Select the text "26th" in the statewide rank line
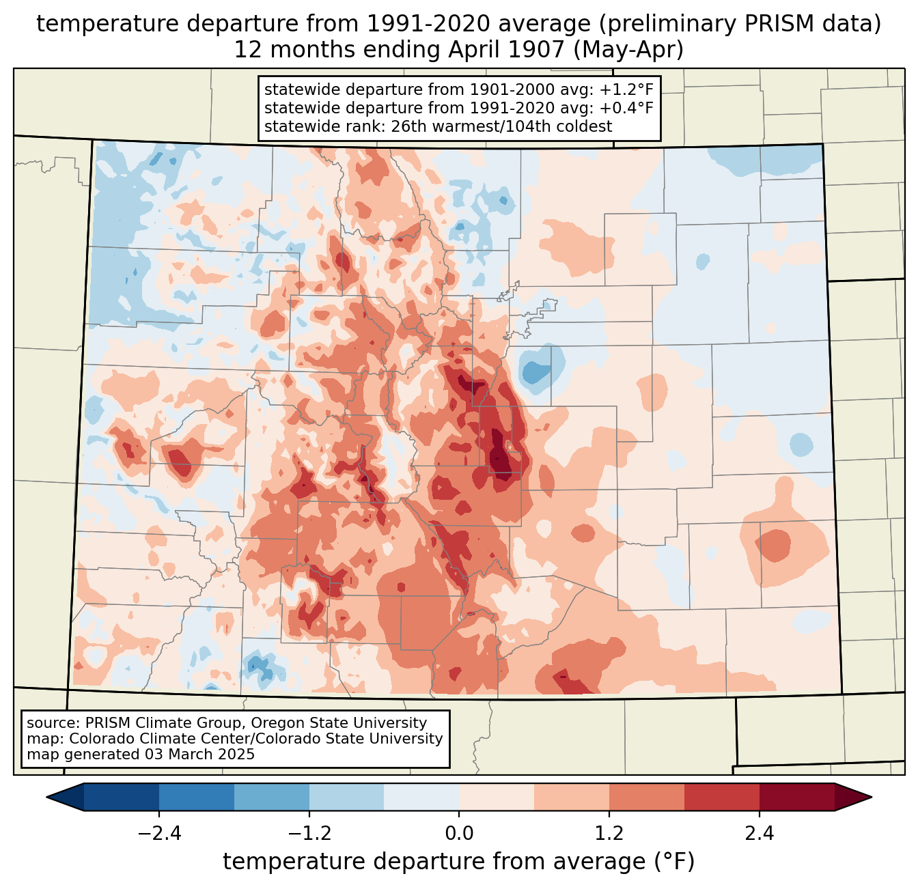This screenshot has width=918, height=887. coord(405,126)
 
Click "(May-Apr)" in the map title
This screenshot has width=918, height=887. coord(628,50)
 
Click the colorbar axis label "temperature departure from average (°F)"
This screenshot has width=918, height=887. coord(459,862)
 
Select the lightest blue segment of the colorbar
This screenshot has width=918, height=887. coord(421,798)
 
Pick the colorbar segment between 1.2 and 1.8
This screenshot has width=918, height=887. coord(647,798)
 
